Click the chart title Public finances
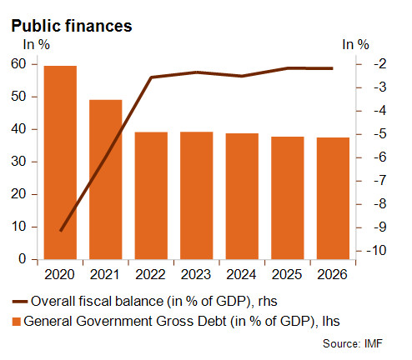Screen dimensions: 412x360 tap(72, 26)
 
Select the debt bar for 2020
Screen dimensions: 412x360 tap(60, 162)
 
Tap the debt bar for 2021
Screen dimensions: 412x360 tap(106, 179)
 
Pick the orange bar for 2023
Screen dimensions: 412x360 tap(197, 196)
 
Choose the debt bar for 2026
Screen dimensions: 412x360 tap(333, 198)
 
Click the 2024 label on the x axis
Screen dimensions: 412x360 tap(241, 274)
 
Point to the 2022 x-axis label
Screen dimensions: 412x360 tap(150, 274)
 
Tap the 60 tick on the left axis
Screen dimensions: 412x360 tap(18, 64)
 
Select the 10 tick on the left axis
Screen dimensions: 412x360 tap(18, 227)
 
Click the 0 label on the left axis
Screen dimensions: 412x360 tap(23, 259)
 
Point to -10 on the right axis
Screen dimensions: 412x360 tap(376, 250)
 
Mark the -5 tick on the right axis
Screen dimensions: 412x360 tap(380, 134)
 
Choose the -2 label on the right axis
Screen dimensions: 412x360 tap(380, 63)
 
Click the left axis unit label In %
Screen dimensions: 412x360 tap(37, 44)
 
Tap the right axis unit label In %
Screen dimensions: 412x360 tap(355, 44)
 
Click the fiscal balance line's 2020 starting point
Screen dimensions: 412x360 tap(61, 231)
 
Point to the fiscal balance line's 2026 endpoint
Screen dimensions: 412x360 tap(333, 68)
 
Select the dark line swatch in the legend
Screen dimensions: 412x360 tap(20, 302)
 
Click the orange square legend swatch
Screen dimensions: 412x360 tap(17, 322)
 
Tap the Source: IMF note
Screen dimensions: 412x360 tap(353, 343)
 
